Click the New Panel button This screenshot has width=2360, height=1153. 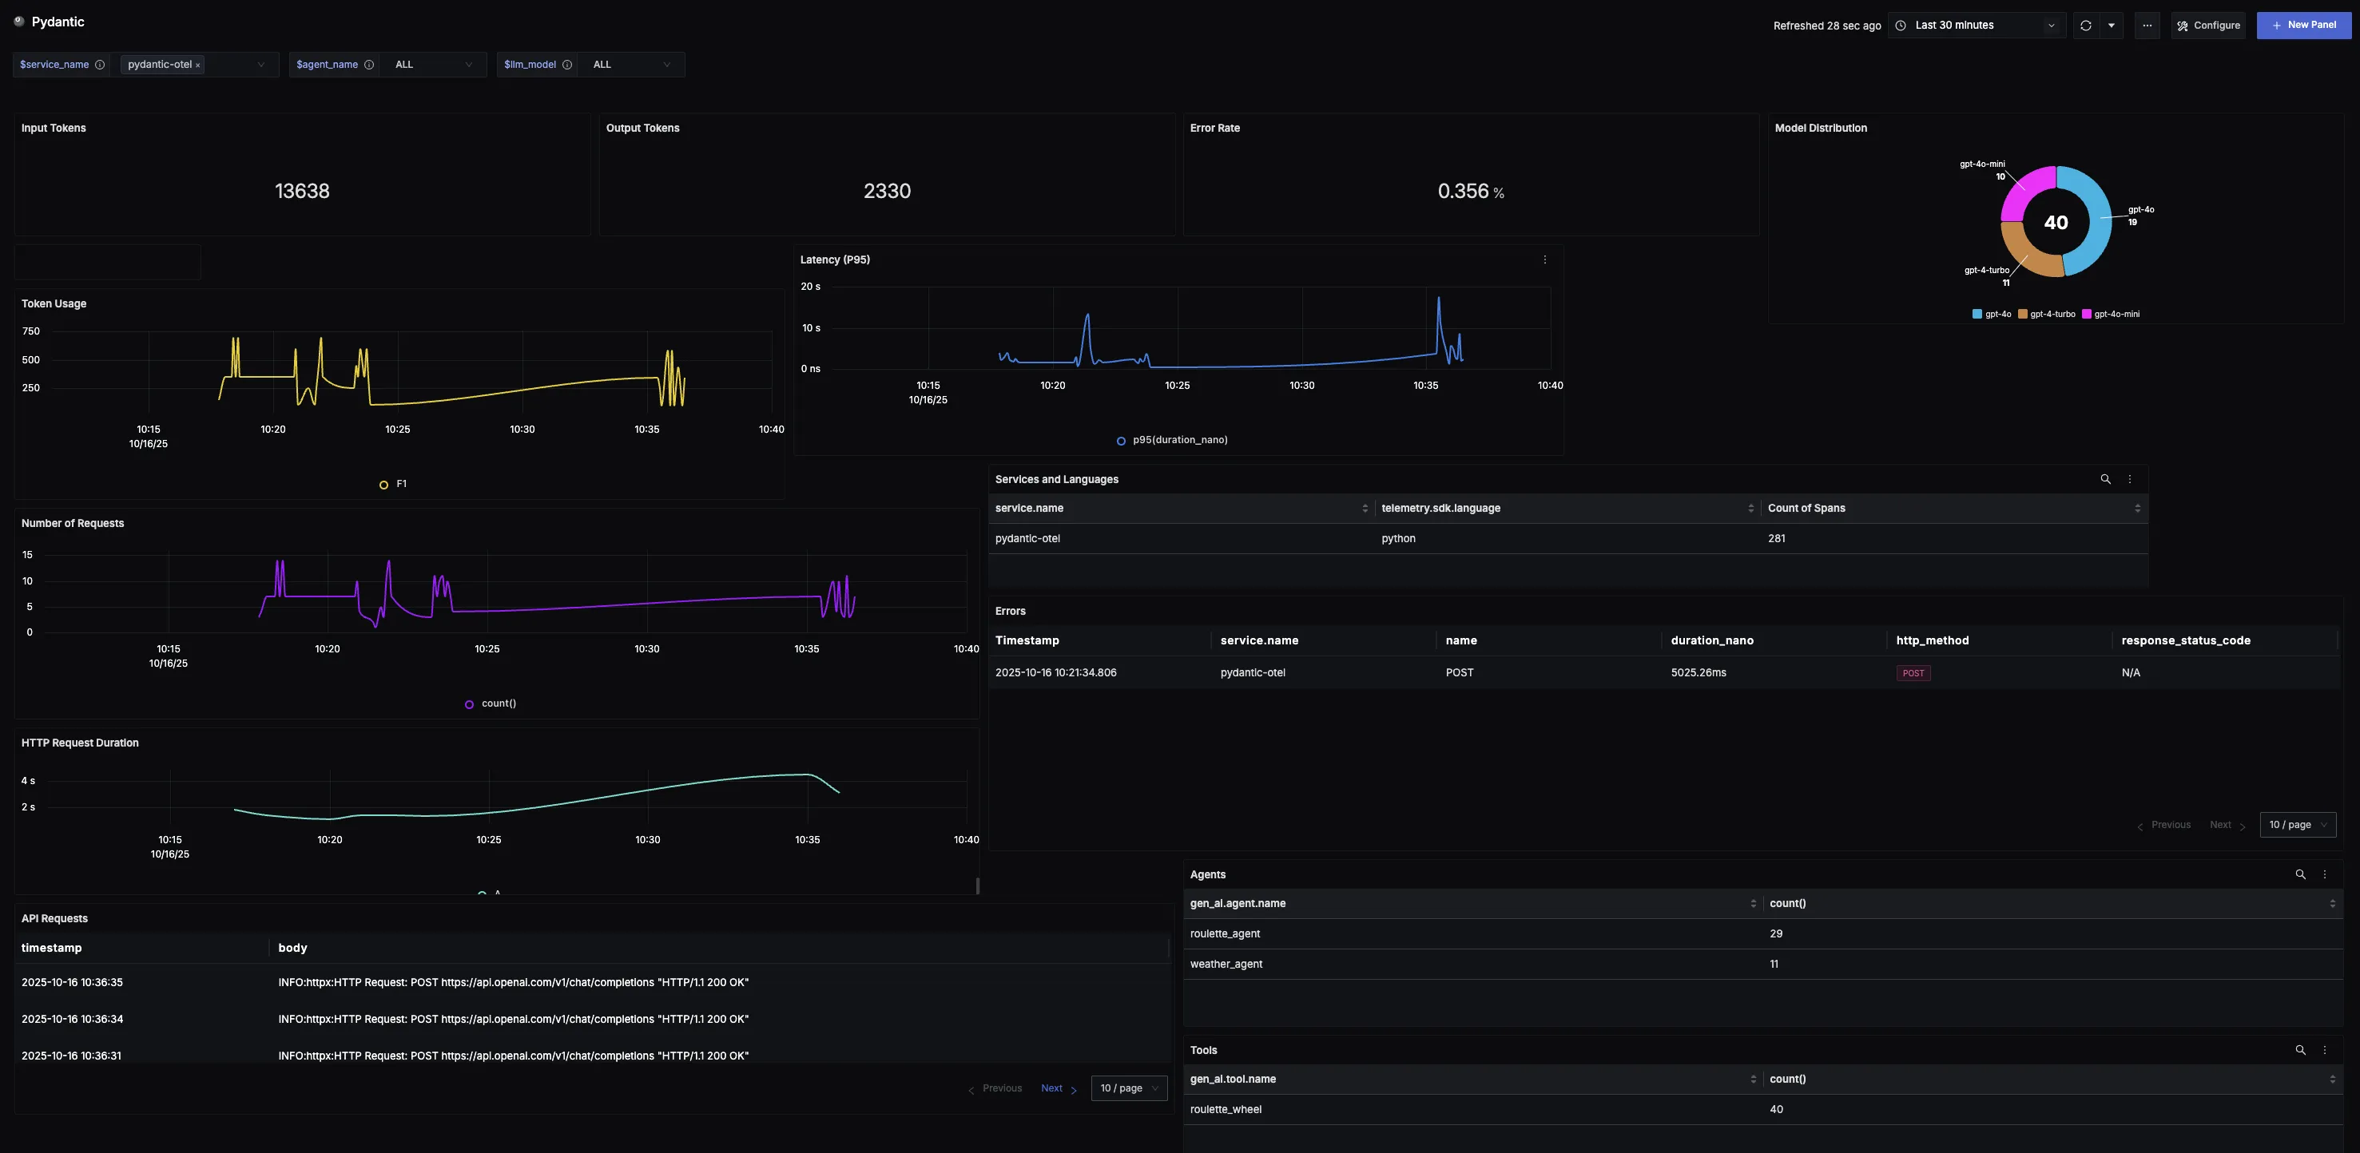(x=2303, y=26)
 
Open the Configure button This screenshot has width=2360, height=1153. (x=2208, y=26)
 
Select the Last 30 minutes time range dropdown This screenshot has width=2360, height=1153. (x=1977, y=26)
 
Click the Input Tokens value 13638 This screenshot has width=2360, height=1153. (x=302, y=192)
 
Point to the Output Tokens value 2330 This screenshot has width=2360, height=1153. (x=887, y=192)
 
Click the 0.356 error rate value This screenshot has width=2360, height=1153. (x=1463, y=192)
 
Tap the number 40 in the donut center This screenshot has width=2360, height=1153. (x=2056, y=223)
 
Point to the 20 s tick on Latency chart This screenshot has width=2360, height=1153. (x=811, y=287)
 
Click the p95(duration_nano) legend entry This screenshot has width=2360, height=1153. (x=1179, y=441)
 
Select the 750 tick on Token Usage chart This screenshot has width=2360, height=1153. (x=31, y=331)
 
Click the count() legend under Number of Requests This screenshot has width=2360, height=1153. (x=498, y=704)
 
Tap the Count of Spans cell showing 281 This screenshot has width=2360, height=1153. (x=1777, y=538)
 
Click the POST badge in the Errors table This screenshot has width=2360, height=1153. (x=1913, y=673)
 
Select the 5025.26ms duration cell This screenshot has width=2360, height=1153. (x=1698, y=673)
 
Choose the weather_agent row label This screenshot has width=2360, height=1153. (x=1226, y=965)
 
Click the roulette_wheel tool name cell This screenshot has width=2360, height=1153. (x=1226, y=1110)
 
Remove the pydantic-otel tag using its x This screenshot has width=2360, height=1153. (x=198, y=65)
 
